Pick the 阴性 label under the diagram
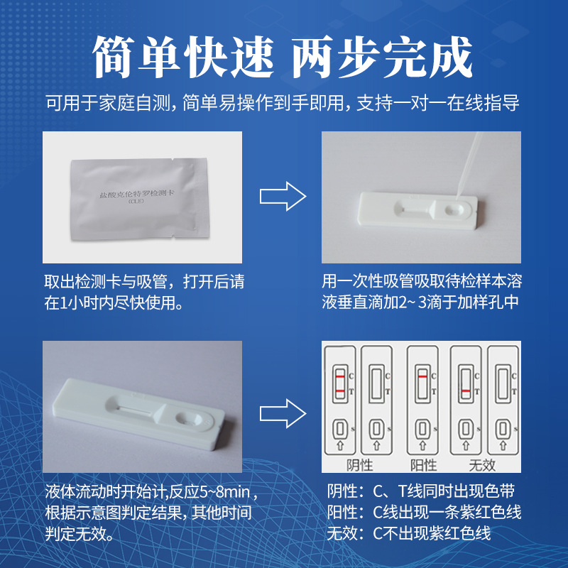coord(361,466)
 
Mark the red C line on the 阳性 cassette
coord(422,376)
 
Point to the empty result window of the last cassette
coord(505,383)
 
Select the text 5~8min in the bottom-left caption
coord(226,492)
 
